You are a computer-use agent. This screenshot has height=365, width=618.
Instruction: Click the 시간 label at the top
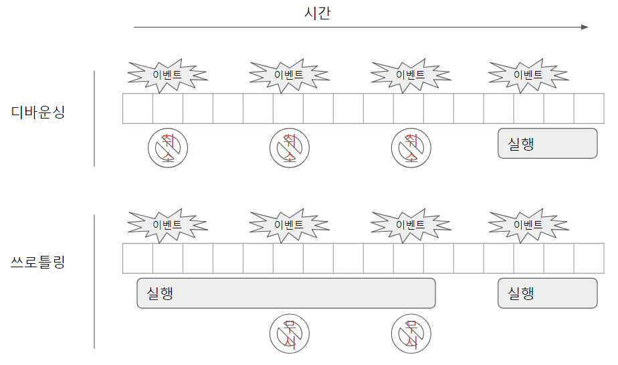(317, 13)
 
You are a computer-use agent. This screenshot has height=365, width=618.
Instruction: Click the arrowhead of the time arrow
(585, 27)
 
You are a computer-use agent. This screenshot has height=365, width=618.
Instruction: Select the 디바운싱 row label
(38, 112)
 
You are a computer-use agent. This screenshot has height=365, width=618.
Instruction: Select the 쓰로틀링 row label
(38, 262)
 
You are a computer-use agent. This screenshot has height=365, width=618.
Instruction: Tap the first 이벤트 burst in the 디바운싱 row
(167, 74)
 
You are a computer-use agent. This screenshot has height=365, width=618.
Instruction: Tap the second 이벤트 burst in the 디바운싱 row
(289, 74)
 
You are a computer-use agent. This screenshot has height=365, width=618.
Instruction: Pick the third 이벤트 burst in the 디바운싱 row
(410, 74)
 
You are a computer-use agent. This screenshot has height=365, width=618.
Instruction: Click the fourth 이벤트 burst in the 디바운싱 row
(528, 74)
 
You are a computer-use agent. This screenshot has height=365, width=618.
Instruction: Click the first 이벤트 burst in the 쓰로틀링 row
(167, 224)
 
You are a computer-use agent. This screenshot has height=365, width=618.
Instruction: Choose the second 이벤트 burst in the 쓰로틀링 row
(289, 224)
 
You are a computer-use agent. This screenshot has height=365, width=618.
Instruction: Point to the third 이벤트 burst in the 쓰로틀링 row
(410, 224)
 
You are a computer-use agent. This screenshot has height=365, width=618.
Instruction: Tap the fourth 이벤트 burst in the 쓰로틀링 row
(528, 224)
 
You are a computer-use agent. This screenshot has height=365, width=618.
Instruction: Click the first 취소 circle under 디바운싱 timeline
(168, 148)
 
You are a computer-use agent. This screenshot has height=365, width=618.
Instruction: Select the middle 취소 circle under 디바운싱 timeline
(290, 148)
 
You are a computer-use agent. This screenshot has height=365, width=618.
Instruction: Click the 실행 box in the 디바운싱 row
(547, 143)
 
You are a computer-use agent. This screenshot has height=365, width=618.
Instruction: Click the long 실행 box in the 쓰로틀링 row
(286, 293)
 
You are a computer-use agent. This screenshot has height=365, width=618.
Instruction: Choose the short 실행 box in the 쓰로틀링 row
(547, 293)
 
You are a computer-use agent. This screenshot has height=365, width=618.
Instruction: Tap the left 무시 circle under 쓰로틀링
(290, 333)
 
